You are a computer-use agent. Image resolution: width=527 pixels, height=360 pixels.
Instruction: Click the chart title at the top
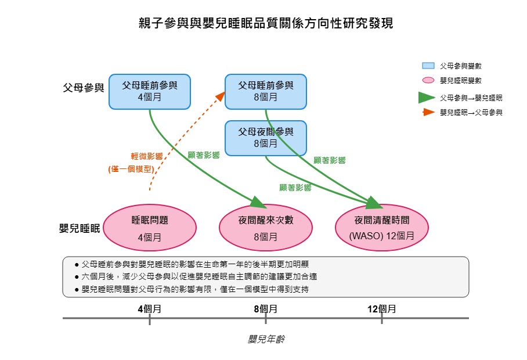265,23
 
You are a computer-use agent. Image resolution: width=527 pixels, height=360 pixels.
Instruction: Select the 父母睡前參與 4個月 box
150,92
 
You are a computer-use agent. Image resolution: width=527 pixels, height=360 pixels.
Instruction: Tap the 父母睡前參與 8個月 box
265,92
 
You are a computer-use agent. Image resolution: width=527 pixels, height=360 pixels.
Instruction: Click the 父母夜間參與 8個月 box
265,138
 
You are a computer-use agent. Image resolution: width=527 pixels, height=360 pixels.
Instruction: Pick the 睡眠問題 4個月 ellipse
150,228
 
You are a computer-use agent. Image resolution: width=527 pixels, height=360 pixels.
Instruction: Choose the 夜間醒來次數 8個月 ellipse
265,228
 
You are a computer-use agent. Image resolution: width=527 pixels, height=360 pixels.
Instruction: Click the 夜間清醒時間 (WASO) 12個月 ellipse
382,228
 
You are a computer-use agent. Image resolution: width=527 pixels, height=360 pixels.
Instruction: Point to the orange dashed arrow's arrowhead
221,96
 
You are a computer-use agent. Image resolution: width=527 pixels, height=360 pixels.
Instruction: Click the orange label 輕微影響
147,156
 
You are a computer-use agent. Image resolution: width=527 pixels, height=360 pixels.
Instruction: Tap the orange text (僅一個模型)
131,169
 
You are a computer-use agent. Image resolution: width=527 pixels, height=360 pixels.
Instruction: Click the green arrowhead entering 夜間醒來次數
259,203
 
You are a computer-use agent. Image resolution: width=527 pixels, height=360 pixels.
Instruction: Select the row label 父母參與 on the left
84,88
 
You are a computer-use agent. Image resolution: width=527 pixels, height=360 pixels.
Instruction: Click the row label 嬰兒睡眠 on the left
80,228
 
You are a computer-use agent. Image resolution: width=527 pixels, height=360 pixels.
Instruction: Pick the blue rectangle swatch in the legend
428,66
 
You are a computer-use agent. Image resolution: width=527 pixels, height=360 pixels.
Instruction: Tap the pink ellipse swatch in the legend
428,80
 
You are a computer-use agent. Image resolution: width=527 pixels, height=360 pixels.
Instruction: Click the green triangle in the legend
426,98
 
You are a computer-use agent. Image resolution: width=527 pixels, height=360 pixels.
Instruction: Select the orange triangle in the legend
428,112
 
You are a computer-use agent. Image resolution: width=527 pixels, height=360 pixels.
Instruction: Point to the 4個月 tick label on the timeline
150,309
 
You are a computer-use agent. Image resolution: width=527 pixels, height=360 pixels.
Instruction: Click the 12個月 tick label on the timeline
382,309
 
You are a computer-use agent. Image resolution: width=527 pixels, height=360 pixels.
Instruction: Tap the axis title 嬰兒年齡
266,339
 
